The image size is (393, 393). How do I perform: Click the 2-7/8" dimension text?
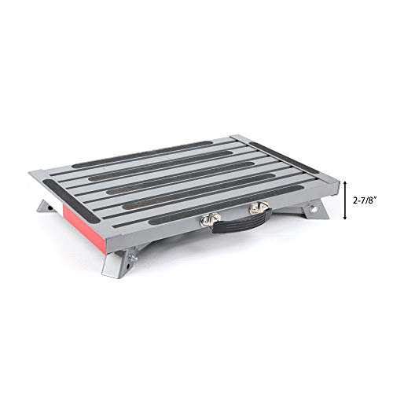tap(365, 200)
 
